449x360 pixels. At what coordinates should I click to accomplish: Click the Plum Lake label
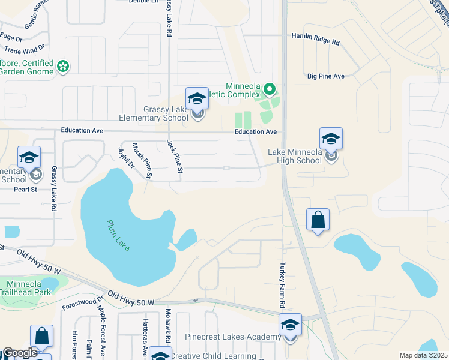pos(118,236)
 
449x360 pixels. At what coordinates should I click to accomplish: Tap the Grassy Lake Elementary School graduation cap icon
pos(196,100)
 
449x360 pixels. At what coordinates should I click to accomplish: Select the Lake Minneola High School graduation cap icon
pos(330,139)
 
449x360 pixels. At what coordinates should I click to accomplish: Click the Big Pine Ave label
pos(325,76)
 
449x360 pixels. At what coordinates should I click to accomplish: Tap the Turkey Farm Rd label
pos(282,285)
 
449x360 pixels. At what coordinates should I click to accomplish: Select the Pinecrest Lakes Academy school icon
pos(290,326)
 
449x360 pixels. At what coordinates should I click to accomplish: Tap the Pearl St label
pos(26,190)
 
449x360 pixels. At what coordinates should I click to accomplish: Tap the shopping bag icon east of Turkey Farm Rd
pos(318,220)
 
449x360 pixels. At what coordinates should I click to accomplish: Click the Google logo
pos(19,353)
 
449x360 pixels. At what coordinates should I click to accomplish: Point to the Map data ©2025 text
pos(423,355)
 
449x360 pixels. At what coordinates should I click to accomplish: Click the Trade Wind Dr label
pos(25,48)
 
